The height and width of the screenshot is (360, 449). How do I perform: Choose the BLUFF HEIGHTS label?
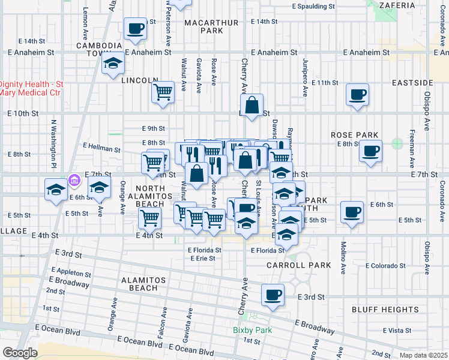click(394, 310)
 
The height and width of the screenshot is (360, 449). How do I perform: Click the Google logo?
click(19, 352)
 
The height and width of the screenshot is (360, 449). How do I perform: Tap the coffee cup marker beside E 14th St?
click(135, 28)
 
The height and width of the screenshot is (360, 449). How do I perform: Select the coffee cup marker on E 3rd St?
click(273, 295)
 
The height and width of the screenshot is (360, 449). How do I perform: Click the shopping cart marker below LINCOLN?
click(163, 94)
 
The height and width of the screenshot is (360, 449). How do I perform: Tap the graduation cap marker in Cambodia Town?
click(112, 64)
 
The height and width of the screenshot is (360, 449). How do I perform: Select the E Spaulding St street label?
click(313, 6)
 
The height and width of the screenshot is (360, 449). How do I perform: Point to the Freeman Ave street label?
click(412, 148)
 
